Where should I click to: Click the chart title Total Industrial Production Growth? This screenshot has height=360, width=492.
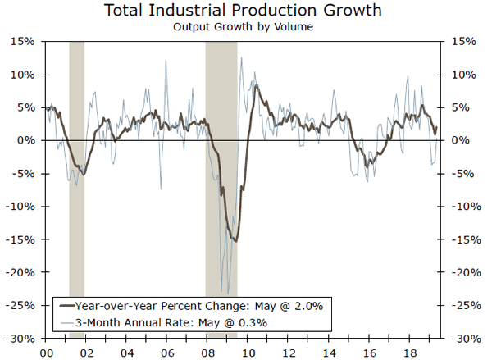click(245, 11)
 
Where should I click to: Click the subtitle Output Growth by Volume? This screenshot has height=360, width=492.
click(245, 26)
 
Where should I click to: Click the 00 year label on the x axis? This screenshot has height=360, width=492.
click(47, 351)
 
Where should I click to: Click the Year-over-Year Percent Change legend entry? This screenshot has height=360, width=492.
click(156, 306)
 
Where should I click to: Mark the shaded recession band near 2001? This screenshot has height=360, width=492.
click(76, 189)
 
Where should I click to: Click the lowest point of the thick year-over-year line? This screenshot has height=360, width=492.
click(236, 240)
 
